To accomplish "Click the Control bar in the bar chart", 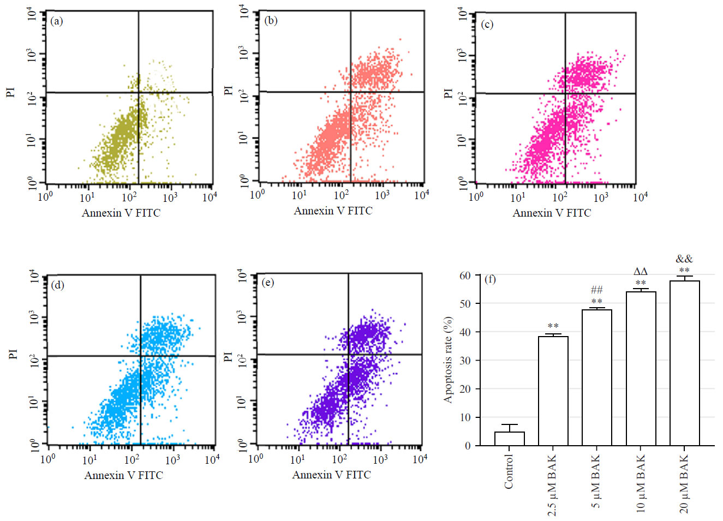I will [x=509, y=439].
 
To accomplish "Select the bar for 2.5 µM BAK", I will [x=553, y=391].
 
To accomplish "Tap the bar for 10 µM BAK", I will [x=641, y=369].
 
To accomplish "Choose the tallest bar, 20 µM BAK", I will [x=684, y=363].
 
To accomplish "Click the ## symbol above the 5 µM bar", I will [x=596, y=290].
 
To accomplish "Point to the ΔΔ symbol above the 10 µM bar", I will [x=641, y=271].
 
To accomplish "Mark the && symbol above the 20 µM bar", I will [x=684, y=259].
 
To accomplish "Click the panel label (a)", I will [x=56, y=21].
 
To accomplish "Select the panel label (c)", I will [x=487, y=24].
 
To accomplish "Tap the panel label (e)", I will [x=267, y=282].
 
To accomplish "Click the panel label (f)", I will [x=491, y=279].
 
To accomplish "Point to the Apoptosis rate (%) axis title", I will [x=448, y=360].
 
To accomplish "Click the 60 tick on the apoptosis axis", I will [x=465, y=276].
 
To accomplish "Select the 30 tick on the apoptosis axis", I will [x=465, y=361].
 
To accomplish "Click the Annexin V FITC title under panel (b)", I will [x=333, y=211].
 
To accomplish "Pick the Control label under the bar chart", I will [x=509, y=471].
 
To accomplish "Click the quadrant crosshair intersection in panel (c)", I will [x=565, y=94].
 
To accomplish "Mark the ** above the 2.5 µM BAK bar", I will [x=553, y=326].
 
